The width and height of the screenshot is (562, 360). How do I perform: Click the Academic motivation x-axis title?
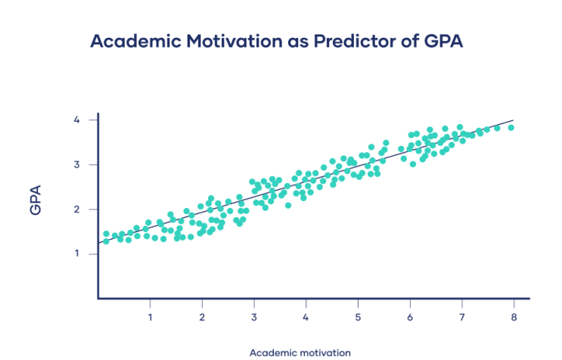300,352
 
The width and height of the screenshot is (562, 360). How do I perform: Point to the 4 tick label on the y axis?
76,120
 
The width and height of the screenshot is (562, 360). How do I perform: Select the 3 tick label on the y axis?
76,165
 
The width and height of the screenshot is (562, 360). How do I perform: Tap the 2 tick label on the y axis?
76,209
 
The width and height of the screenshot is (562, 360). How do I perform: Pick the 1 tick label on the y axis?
76,254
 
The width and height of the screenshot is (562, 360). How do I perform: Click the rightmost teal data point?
511,127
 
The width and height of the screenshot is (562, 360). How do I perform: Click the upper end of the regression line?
514,119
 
